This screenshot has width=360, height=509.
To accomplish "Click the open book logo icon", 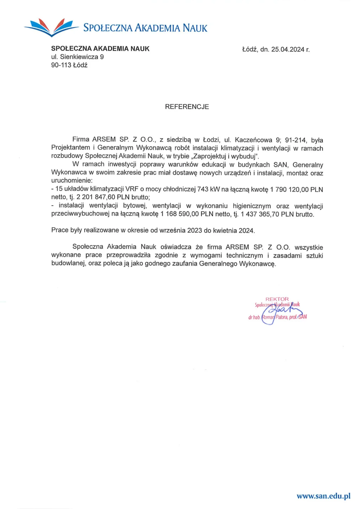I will pyautogui.click(x=52, y=28).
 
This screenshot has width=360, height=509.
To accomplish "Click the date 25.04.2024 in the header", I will pyautogui.click(x=288, y=49).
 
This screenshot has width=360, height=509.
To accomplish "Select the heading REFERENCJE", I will pyautogui.click(x=187, y=107).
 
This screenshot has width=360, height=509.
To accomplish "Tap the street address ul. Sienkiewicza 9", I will pyautogui.click(x=77, y=57).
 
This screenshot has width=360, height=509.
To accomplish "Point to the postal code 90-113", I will pyautogui.click(x=61, y=65).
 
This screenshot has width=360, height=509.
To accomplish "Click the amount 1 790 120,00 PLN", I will pyautogui.click(x=296, y=189).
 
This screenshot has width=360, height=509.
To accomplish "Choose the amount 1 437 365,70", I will pyautogui.click(x=260, y=214).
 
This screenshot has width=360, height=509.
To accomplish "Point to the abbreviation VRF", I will pyautogui.click(x=132, y=189).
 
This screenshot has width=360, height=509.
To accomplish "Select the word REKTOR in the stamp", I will pyautogui.click(x=277, y=299).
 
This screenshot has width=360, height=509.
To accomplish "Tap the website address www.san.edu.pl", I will pyautogui.click(x=323, y=496).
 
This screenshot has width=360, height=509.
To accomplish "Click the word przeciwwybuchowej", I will pyautogui.click(x=80, y=214).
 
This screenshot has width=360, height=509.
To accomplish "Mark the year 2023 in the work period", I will pyautogui.click(x=194, y=230).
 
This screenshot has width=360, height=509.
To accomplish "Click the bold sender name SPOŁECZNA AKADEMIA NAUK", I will pyautogui.click(x=100, y=49).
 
